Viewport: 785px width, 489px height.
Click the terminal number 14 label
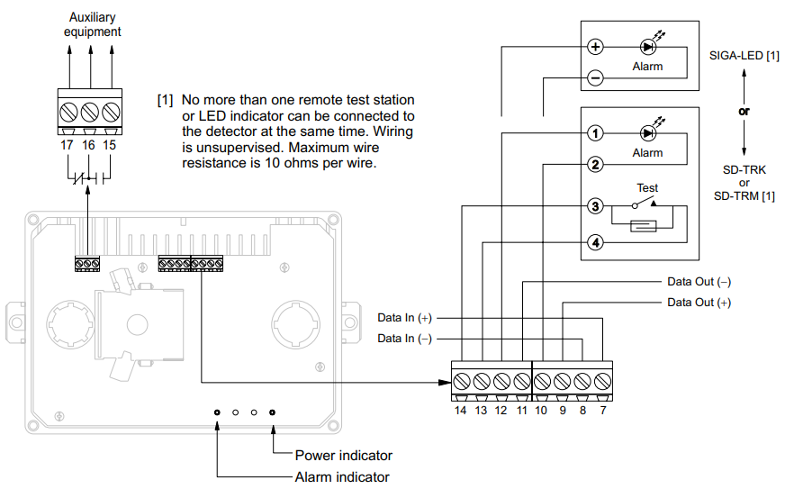pos(460,411)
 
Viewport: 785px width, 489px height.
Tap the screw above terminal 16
pos(89,113)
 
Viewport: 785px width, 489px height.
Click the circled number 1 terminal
pos(595,133)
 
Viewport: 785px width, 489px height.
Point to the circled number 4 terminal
pos(595,242)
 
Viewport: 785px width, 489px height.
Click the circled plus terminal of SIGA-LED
pos(595,47)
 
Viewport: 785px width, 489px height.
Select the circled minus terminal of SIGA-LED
pos(595,78)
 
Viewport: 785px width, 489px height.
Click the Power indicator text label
pos(343,456)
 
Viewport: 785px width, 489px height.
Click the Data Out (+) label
pos(699,303)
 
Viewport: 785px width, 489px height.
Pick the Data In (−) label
pos(404,338)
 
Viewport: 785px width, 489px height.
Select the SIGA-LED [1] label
pos(744,57)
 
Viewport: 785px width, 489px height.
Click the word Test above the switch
pos(647,188)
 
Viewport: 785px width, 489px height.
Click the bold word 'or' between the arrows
pos(744,113)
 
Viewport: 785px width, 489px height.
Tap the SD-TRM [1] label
pos(744,195)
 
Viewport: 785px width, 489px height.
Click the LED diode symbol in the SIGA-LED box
pos(647,47)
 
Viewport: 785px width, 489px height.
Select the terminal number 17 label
pos(68,144)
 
